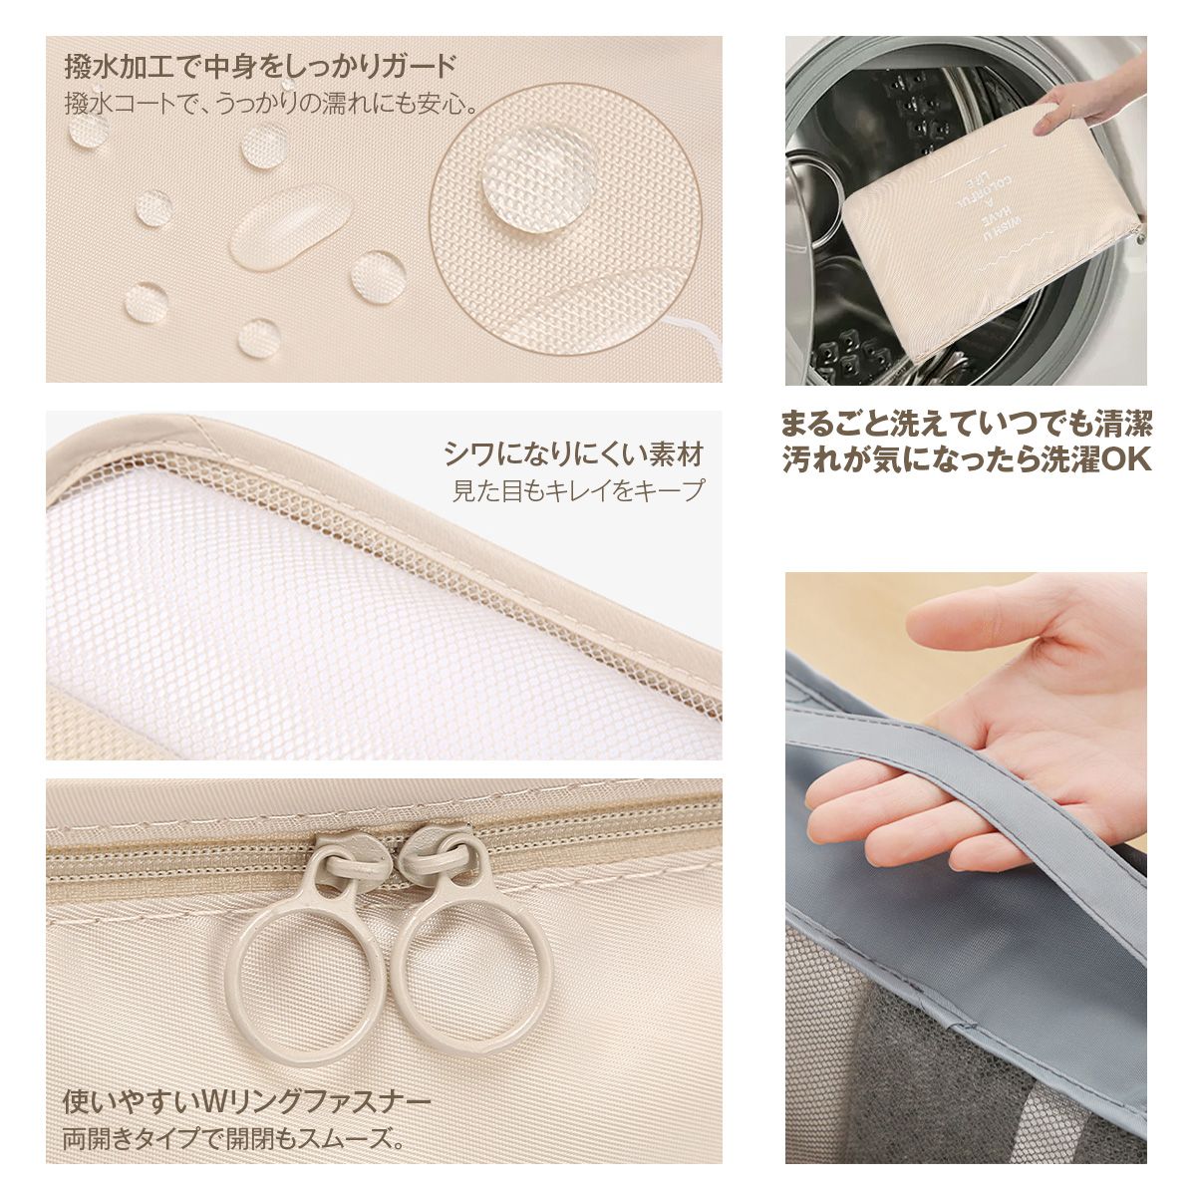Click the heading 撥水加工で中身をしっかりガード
260,67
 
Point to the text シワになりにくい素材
573,454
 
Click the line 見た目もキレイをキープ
578,490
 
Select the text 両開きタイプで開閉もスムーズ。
233,1136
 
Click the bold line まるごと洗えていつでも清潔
966,425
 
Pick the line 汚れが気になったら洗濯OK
966,460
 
